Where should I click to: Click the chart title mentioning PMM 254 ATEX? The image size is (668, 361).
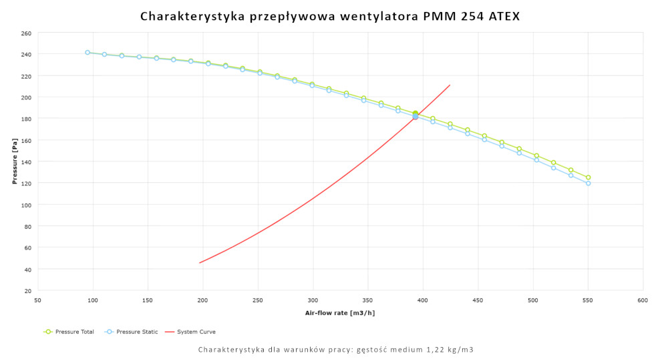[330, 16]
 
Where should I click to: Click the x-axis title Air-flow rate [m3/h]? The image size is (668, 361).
[340, 313]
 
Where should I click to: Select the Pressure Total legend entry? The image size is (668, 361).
[69, 332]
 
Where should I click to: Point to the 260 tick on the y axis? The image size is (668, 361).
[26, 33]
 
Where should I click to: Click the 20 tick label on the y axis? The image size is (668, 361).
[27, 291]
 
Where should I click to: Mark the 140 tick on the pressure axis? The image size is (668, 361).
[26, 161]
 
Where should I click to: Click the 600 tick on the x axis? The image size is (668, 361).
[643, 301]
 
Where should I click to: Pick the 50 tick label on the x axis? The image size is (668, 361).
[37, 301]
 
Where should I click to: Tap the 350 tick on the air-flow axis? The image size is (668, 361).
[367, 301]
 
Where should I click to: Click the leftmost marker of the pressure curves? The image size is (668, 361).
[88, 52]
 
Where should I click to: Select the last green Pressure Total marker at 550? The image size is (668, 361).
[588, 177]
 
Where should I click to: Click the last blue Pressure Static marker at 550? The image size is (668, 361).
[588, 183]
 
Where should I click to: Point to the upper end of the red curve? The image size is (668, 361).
[450, 85]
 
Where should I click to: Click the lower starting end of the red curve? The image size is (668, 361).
[200, 262]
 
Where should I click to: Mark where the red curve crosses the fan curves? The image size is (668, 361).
[415, 116]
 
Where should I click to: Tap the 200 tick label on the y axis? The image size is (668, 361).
[26, 97]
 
